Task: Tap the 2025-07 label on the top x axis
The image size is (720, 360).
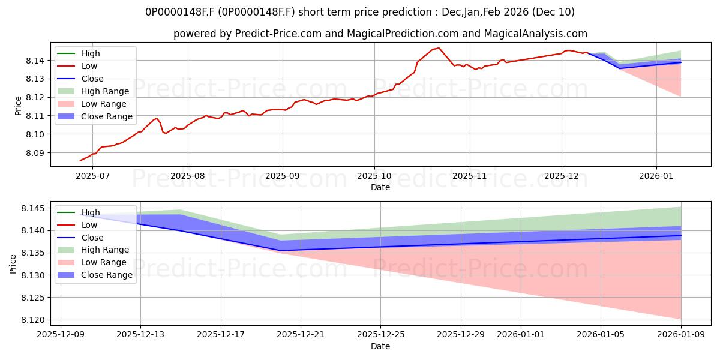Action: pyautogui.click(x=93, y=176)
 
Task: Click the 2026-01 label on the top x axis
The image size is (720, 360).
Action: pyautogui.click(x=656, y=176)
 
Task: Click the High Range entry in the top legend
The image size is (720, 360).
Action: pyautogui.click(x=105, y=91)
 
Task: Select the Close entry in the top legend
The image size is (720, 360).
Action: pyautogui.click(x=92, y=79)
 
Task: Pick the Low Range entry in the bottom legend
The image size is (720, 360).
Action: pyautogui.click(x=104, y=262)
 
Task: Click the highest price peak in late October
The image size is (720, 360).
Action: pyautogui.click(x=439, y=48)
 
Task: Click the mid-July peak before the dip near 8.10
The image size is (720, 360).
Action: pyautogui.click(x=157, y=118)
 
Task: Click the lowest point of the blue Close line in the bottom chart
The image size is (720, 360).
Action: pyautogui.click(x=280, y=251)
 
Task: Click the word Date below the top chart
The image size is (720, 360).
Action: pyautogui.click(x=380, y=187)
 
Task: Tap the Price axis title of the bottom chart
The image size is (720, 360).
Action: pyautogui.click(x=13, y=263)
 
